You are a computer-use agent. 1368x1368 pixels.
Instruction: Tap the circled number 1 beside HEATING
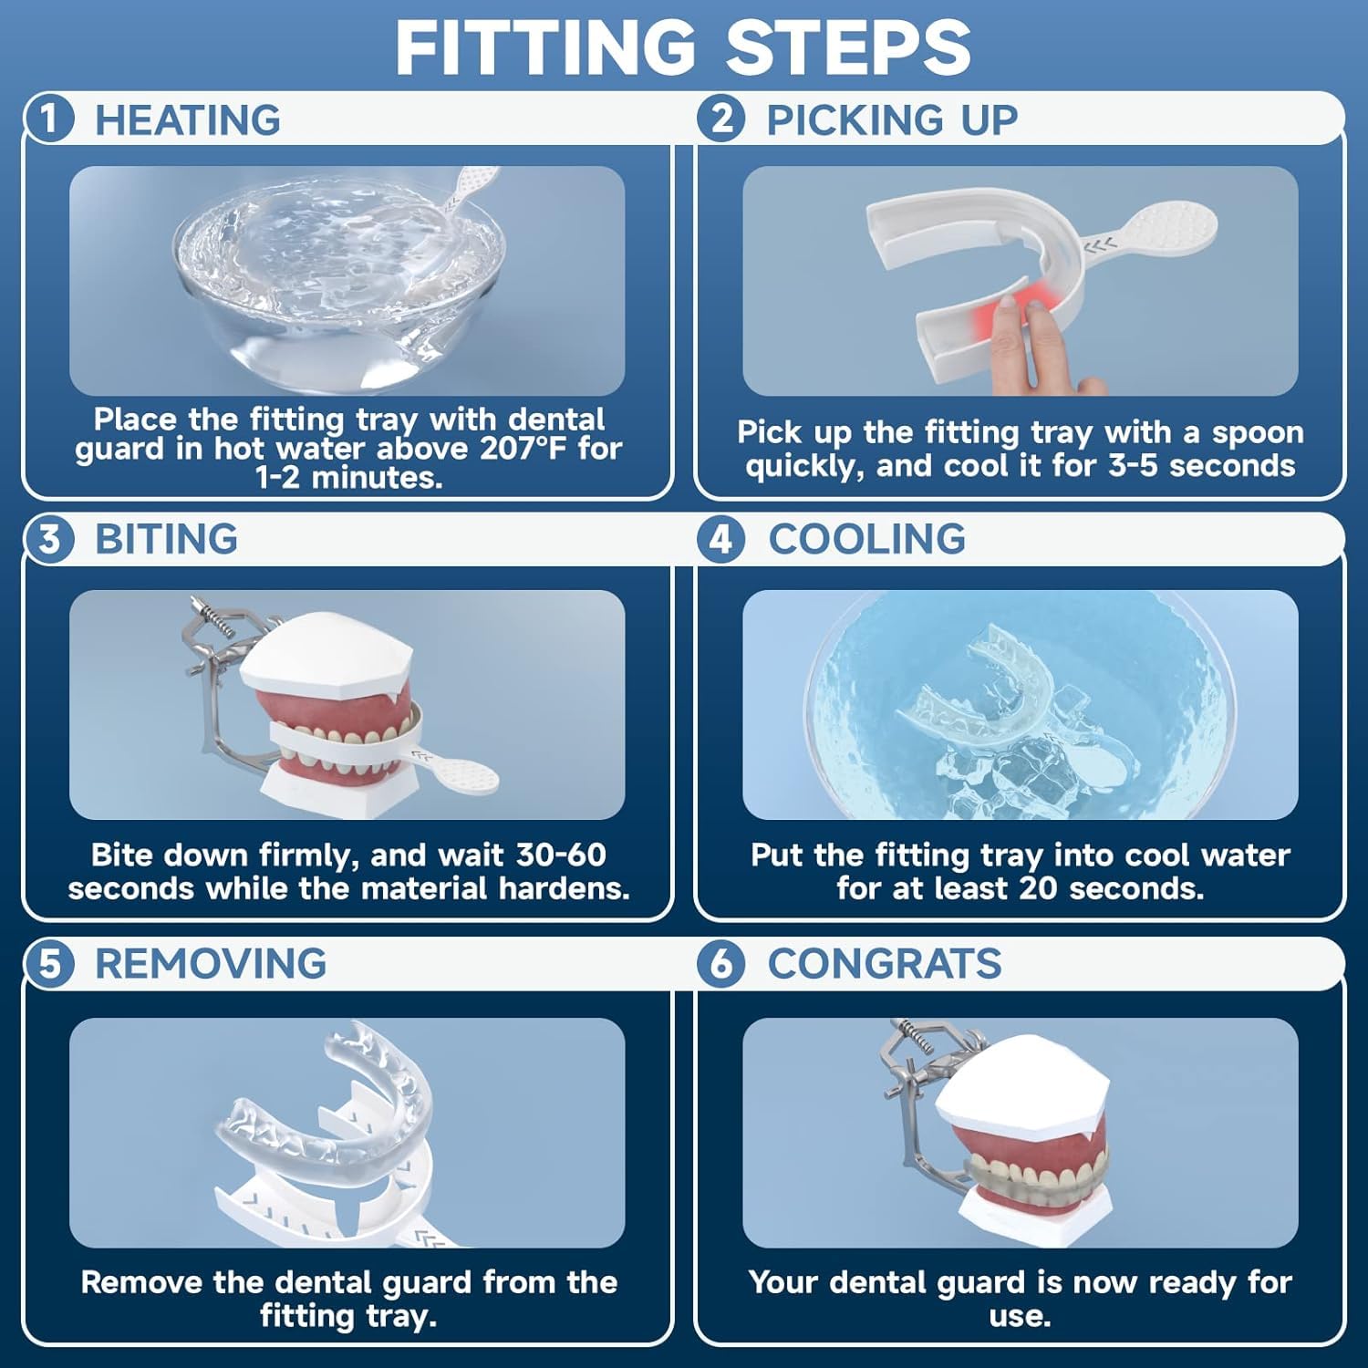pos(49,119)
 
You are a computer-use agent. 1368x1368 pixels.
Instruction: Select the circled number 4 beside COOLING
pos(721,539)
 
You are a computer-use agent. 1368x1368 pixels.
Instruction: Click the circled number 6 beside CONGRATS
pos(721,964)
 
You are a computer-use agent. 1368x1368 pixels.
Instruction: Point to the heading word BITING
pos(166,539)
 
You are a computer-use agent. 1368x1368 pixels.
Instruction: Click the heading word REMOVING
pos(211,964)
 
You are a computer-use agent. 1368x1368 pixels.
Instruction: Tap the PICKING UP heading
pos(891,119)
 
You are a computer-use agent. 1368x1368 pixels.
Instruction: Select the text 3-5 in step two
pos(1135,466)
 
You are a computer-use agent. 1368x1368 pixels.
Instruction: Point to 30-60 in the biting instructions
pos(561,855)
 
